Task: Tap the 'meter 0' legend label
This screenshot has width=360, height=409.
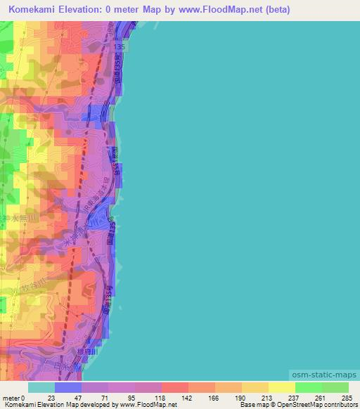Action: pos(14,398)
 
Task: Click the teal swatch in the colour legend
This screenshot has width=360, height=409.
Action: pos(41,387)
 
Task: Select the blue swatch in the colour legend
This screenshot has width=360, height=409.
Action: pos(68,387)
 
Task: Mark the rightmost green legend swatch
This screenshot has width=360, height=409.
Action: pos(335,387)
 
